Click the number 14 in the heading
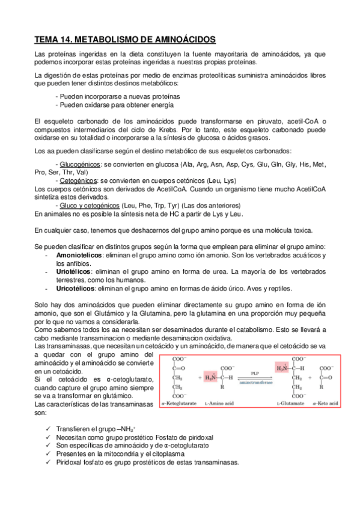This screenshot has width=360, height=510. [x=67, y=40]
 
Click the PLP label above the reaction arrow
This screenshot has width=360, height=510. [x=255, y=373]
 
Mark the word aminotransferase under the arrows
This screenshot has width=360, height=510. [x=255, y=382]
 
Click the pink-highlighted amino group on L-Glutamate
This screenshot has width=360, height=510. [x=281, y=367]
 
